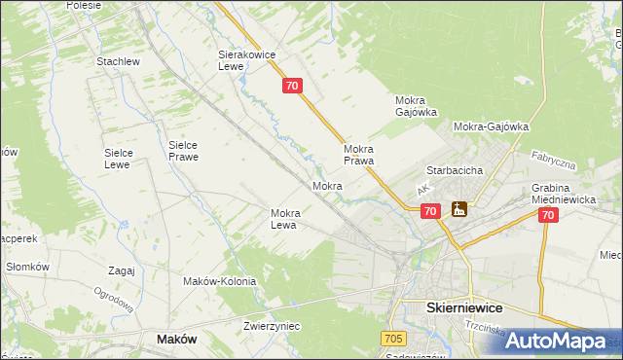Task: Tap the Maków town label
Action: [x=177, y=339]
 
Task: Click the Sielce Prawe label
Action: [x=183, y=150]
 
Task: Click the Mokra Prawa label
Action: [x=359, y=155]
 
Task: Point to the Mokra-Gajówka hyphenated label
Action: [x=491, y=126]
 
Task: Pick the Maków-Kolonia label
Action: [x=220, y=281]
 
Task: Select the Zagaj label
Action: [x=122, y=270]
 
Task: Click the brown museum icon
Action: [x=458, y=209]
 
